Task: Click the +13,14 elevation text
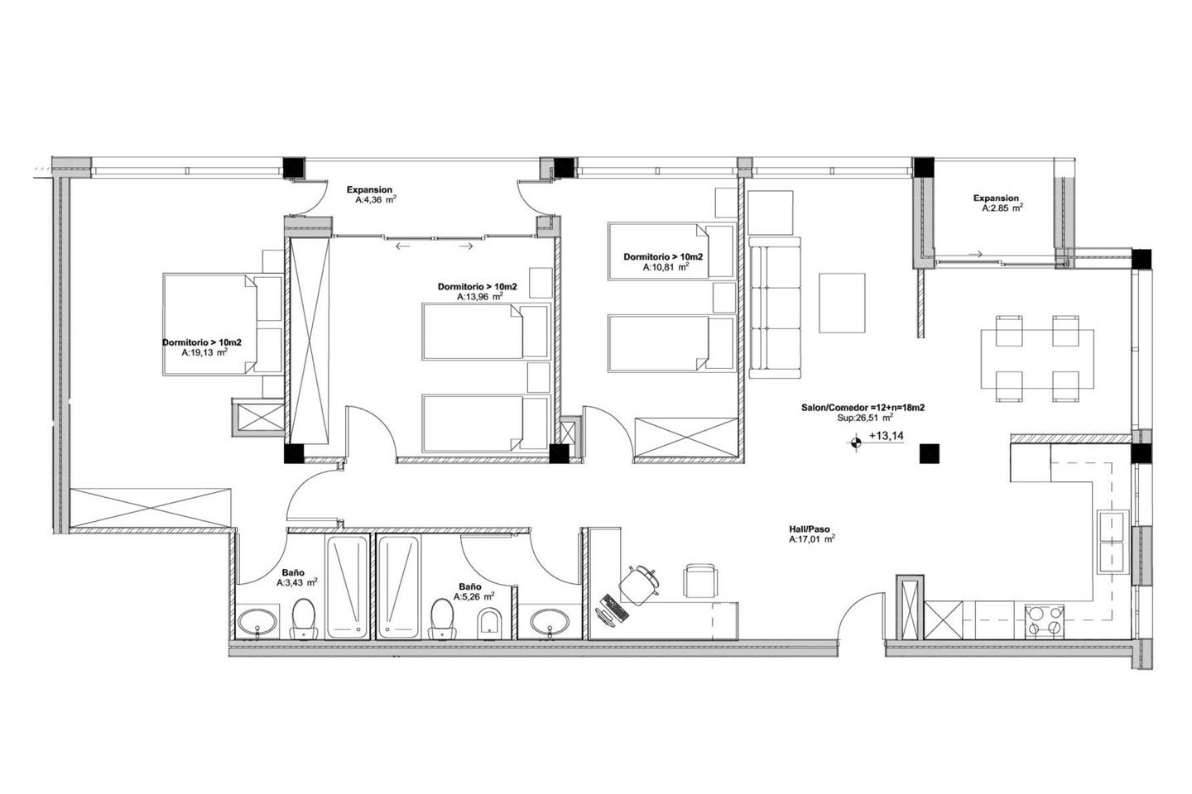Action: coord(886,436)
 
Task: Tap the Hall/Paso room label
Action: coord(809,529)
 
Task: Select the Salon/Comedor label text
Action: coord(863,408)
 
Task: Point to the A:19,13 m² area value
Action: coord(205,352)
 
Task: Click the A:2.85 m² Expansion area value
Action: coord(1002,208)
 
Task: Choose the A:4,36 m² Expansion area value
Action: coord(376,200)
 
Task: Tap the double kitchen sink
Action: coord(1113,542)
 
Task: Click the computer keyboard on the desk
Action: coord(614,609)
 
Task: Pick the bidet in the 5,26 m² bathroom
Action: coord(489,622)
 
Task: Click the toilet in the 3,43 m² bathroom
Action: coord(303,619)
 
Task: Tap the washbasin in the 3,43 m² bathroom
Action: coord(257,622)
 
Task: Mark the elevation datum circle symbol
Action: coord(856,441)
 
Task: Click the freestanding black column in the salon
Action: coord(929,453)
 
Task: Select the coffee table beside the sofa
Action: coord(842,304)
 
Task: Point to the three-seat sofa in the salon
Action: coord(775,308)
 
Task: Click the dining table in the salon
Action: coord(1037,358)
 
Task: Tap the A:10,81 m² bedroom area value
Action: coord(666,267)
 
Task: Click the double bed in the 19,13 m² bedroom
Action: coord(223,325)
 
